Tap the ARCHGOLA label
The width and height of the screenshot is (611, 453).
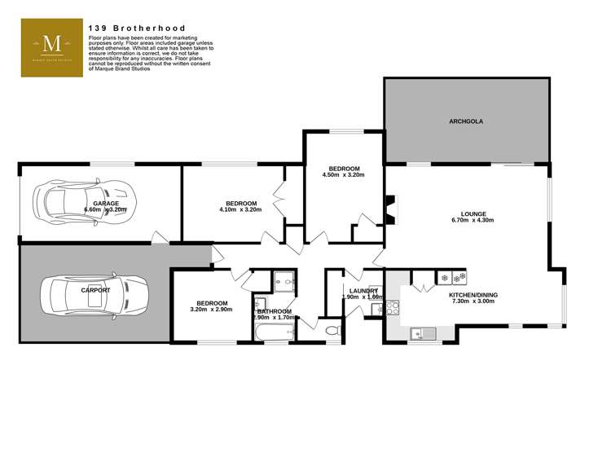(466, 121)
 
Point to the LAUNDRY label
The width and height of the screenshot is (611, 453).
(363, 291)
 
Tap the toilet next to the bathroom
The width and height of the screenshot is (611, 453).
(332, 331)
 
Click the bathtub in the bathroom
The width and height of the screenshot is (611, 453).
(275, 332)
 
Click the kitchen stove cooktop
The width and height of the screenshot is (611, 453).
(391, 307)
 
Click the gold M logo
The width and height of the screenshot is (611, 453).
(52, 46)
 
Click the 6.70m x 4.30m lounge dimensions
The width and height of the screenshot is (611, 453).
(473, 219)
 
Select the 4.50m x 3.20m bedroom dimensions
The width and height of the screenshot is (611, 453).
(343, 174)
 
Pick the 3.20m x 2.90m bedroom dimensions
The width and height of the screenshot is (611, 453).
(211, 310)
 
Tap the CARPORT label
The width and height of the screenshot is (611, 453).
(95, 289)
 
